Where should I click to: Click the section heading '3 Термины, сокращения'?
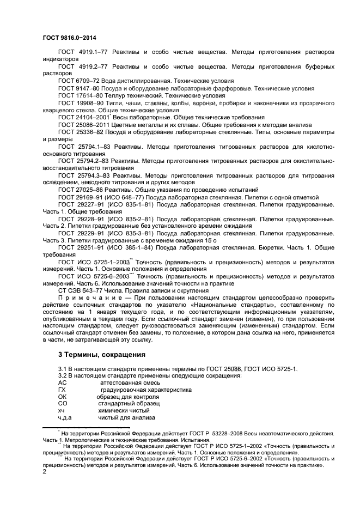click(x=101, y=355)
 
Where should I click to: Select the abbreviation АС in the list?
click(x=62, y=383)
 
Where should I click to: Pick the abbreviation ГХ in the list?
click(x=62, y=390)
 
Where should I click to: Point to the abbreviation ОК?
click(x=62, y=397)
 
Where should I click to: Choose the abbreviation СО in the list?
click(x=62, y=404)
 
